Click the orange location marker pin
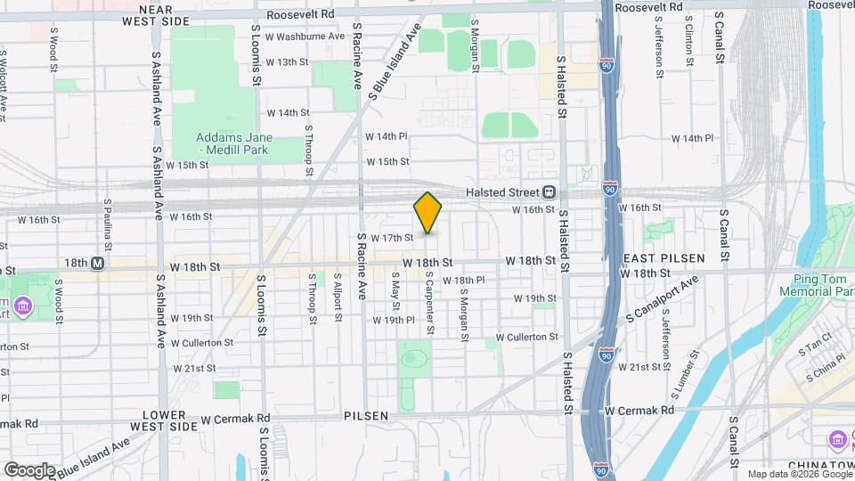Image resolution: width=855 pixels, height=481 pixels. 428,213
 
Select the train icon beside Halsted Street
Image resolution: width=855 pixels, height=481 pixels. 550,192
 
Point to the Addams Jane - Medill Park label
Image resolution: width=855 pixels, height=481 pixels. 235,144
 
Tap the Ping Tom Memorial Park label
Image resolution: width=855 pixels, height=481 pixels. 816,285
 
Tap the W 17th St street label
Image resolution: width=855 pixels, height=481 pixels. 392,238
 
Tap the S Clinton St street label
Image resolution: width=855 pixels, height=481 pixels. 690,44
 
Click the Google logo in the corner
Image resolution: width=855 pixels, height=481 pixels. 29,469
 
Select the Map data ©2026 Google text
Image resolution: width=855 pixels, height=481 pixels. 799,474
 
